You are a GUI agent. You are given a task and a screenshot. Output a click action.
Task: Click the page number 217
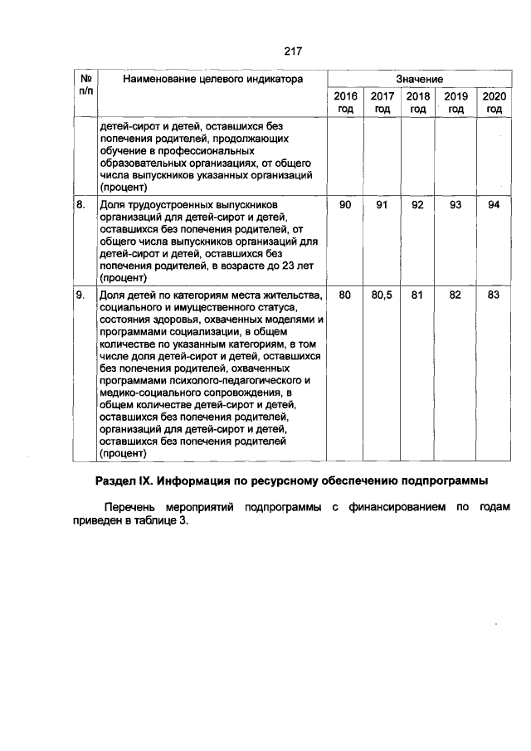291,51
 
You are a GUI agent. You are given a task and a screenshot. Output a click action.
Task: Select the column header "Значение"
419,79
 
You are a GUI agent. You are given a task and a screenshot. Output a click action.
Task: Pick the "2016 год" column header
345,103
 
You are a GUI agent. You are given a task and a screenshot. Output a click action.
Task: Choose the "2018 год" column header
419,103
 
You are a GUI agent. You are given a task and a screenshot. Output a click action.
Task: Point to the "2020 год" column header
494,103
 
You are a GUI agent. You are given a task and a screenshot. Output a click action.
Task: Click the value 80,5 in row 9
382,295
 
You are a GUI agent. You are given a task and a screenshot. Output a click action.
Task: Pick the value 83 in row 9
494,295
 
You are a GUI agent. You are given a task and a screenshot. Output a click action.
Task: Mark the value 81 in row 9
418,295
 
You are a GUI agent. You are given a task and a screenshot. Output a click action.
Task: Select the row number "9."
80,295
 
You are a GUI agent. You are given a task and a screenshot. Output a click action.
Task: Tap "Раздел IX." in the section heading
125,481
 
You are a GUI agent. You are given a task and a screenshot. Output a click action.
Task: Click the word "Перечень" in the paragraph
129,507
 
